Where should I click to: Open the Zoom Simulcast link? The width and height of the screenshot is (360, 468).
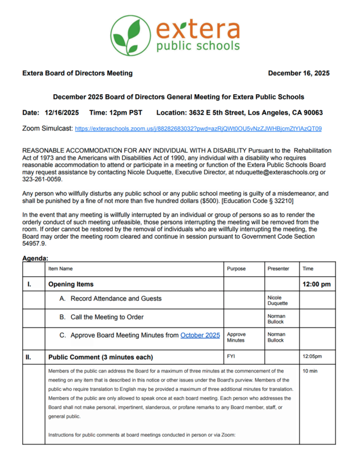pos(198,128)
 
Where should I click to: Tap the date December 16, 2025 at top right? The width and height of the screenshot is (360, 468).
pos(298,73)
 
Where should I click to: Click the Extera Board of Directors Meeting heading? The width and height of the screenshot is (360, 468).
pos(77,73)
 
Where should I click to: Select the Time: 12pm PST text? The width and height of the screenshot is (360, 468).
pos(116,112)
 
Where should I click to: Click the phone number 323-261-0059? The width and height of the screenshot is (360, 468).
pos(41,179)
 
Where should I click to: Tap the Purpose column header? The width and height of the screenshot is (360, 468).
pos(237,269)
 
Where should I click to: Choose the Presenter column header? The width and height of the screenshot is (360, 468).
pos(278,269)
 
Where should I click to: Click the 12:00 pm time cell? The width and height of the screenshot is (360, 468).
pos(316,284)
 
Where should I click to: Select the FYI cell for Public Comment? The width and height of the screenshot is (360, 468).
pos(231,355)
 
